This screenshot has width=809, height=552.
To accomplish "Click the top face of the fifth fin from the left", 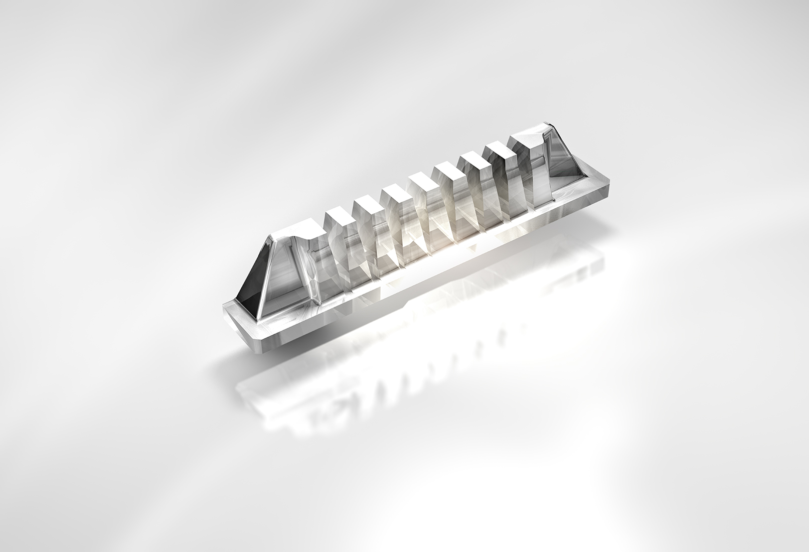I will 447,169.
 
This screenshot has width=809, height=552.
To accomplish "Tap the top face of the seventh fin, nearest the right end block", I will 499,148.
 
